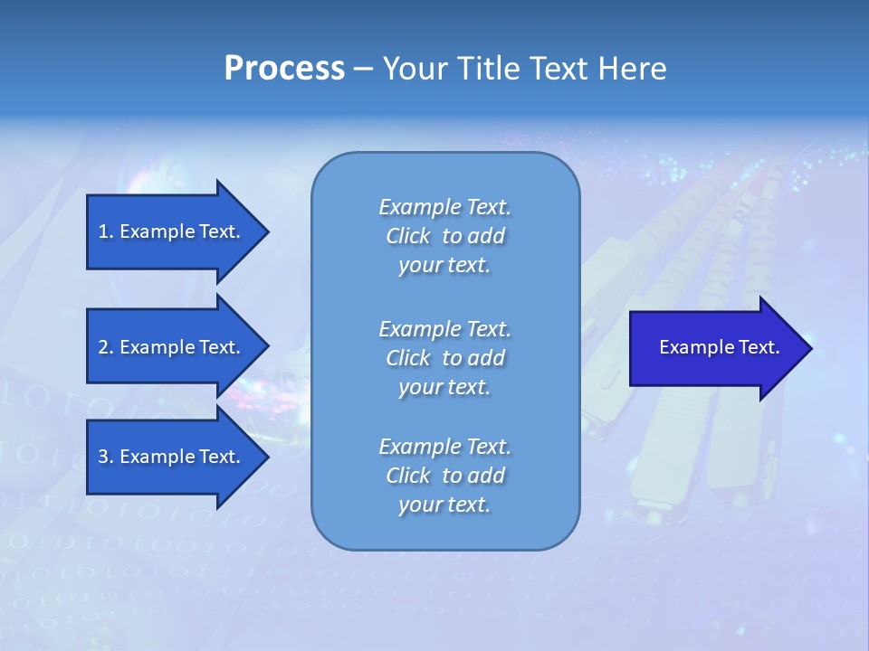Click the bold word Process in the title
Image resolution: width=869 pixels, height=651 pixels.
284,69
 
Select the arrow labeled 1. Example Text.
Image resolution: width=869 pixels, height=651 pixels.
172,231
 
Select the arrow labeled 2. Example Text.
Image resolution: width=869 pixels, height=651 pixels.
172,347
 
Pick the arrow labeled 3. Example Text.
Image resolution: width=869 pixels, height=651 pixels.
172,457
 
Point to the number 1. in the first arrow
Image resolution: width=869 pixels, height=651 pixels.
106,231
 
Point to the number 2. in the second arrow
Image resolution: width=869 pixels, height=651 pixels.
106,347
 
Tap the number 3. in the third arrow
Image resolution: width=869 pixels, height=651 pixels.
106,457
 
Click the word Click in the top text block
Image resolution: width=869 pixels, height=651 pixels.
407,237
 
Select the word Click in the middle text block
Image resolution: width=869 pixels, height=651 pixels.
407,358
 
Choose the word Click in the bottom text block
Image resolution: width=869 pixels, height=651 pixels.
407,476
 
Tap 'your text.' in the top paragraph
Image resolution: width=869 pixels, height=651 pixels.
444,266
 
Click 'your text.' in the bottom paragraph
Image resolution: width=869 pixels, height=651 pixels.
444,505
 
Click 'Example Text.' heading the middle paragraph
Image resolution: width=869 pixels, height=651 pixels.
444,328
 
